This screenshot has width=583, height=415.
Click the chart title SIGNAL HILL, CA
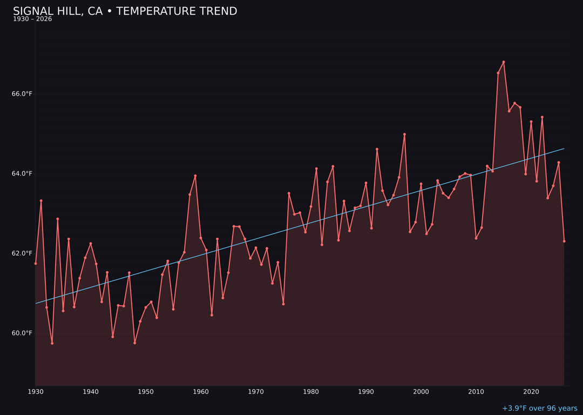tap(125, 11)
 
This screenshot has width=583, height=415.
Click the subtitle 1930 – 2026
tap(32, 19)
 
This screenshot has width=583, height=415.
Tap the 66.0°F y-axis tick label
tap(22, 94)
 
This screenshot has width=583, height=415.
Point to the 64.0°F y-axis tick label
tap(22, 173)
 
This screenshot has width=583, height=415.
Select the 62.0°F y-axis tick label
tap(22, 253)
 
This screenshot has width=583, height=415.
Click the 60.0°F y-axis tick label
tap(22, 333)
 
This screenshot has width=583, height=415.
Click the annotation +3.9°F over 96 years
tap(539, 409)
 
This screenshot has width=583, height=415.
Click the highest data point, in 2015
tap(504, 62)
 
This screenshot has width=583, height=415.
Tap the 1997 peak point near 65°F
tap(404, 134)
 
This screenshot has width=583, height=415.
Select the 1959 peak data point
tap(195, 176)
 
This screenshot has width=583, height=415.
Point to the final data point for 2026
tap(564, 241)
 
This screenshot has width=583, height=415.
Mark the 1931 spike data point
tap(41, 200)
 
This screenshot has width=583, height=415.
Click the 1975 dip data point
tap(283, 304)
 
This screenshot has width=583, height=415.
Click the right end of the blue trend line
tap(564, 149)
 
